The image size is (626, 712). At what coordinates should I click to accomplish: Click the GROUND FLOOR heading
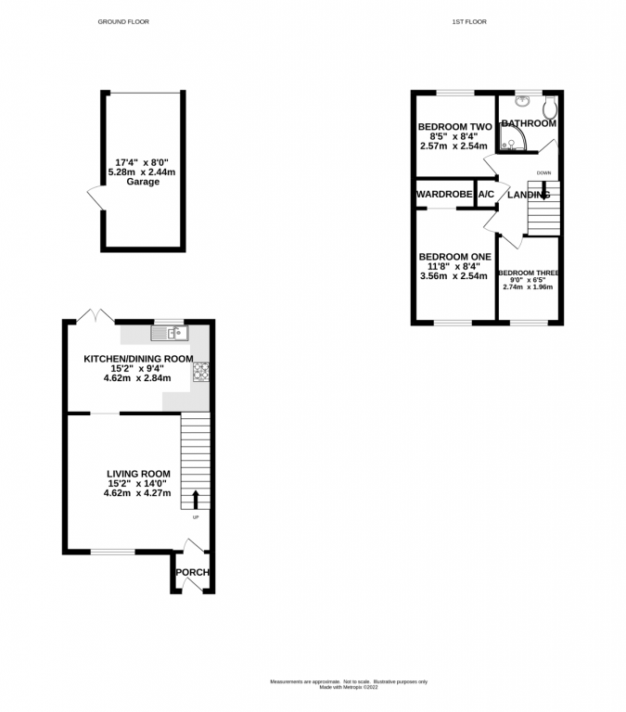tap(123, 21)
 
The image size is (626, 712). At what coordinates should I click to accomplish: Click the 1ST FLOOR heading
tap(469, 21)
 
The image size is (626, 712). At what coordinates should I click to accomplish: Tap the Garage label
tap(144, 182)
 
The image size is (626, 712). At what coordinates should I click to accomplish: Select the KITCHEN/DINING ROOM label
tap(138, 359)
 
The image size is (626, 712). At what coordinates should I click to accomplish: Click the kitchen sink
tap(172, 331)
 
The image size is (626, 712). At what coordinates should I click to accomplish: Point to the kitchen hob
tap(200, 371)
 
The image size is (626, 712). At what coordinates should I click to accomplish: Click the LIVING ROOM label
tap(138, 473)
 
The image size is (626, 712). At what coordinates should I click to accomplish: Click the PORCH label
tap(192, 572)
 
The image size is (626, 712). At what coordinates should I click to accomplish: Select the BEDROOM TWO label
tap(454, 127)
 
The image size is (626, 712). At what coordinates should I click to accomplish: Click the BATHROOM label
tap(529, 123)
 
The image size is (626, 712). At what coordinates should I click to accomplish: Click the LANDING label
tap(528, 195)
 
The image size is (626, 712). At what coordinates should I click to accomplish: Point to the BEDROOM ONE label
tap(454, 257)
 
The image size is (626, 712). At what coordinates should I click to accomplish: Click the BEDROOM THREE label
tap(528, 273)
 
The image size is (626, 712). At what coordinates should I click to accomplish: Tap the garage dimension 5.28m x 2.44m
tap(144, 172)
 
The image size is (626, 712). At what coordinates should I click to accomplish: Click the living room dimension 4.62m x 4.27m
tap(138, 493)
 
